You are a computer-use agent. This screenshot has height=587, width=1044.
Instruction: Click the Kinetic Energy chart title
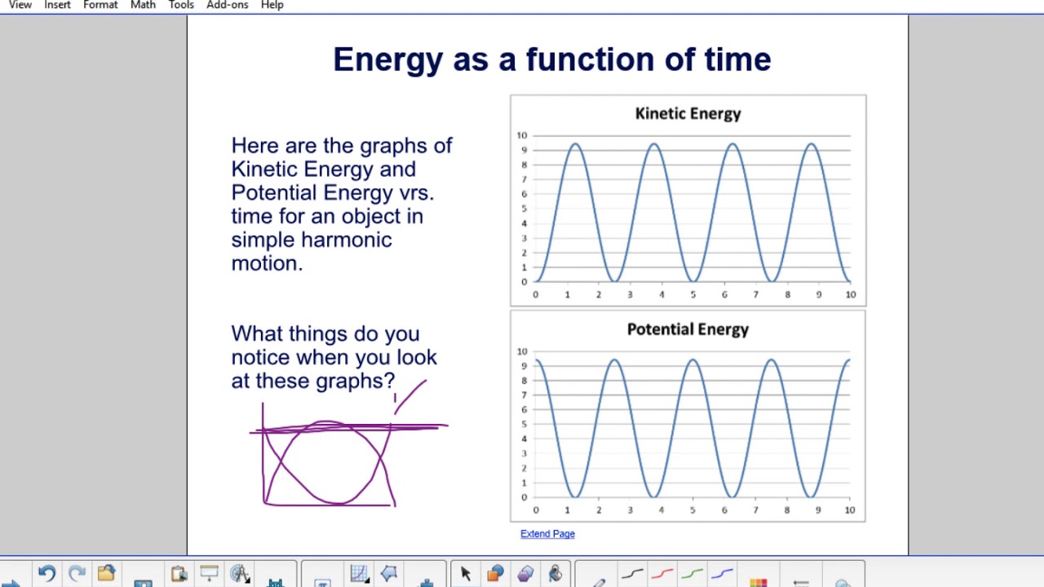(688, 113)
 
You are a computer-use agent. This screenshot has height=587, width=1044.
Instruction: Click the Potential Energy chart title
(688, 329)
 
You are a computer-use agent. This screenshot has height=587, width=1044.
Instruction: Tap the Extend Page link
(547, 534)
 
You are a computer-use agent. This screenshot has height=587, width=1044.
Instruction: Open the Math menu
(143, 5)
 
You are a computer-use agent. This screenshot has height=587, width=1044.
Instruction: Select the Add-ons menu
(227, 5)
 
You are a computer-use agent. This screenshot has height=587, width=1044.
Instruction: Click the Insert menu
(57, 5)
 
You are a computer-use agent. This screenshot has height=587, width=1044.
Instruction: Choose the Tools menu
(181, 5)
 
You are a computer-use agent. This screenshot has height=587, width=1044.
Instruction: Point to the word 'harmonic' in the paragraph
(347, 240)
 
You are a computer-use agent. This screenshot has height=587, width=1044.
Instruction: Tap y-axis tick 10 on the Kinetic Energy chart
(522, 135)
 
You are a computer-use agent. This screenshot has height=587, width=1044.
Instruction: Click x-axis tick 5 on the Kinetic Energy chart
(693, 294)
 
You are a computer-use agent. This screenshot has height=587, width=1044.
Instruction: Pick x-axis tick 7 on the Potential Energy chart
(755, 510)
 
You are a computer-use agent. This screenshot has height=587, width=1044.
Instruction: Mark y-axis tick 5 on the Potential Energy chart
(522, 425)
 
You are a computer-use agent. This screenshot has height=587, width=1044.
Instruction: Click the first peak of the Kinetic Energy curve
(576, 144)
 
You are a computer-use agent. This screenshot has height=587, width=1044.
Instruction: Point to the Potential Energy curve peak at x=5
(692, 360)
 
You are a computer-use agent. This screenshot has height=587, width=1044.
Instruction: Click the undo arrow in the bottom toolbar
(46, 574)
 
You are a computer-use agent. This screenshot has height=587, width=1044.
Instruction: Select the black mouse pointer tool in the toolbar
(466, 574)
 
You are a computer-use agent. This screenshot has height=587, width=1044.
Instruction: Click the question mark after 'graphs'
(390, 381)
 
